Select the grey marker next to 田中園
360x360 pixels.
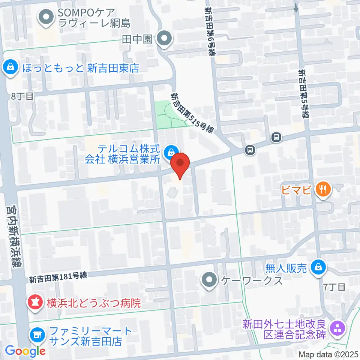coord(164,39)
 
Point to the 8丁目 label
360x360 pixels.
coord(22,96)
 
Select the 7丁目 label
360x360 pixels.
coord(334,287)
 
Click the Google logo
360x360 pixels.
coord(25,351)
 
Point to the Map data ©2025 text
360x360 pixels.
coord(328,354)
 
